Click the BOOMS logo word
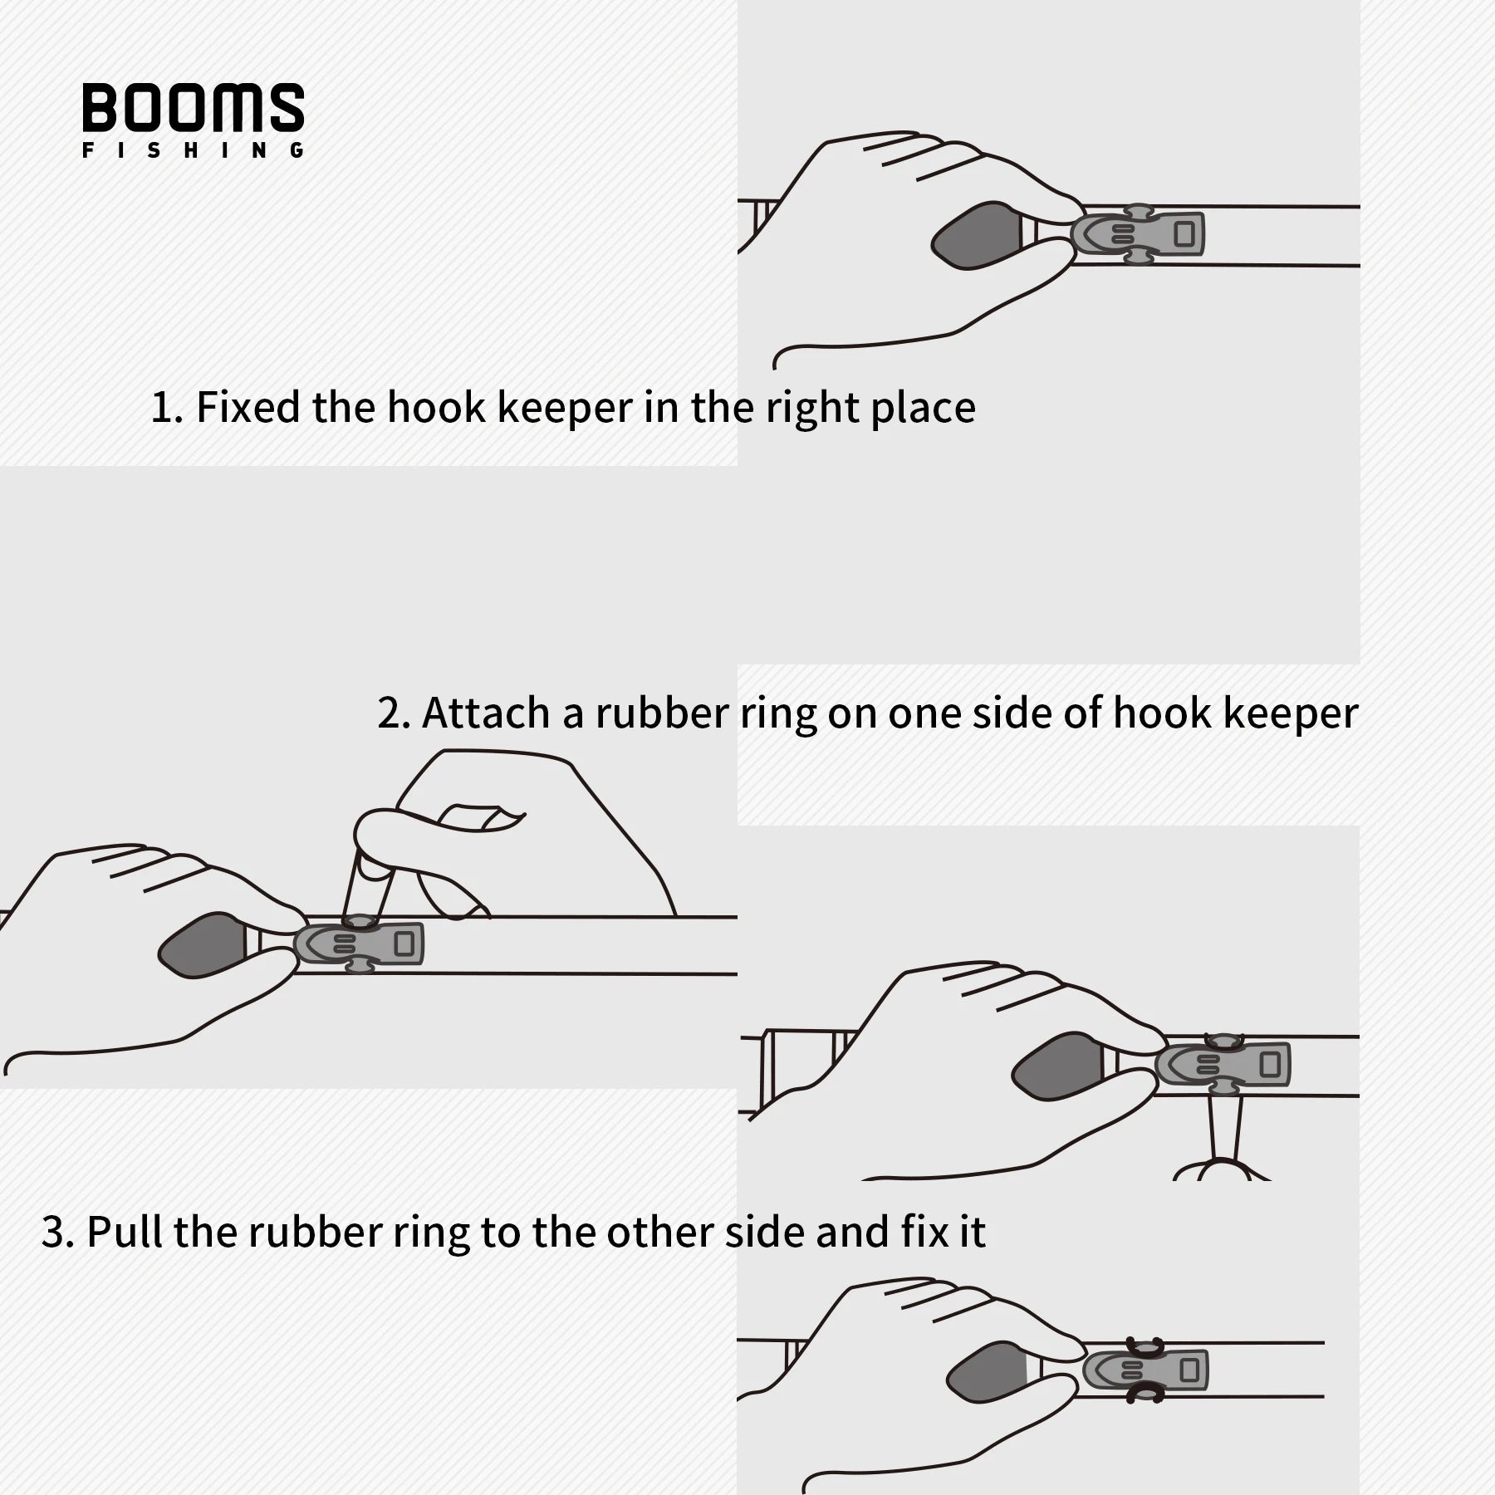click(193, 107)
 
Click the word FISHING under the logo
click(193, 151)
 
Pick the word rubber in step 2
click(661, 713)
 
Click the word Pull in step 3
click(125, 1231)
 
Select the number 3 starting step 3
click(53, 1232)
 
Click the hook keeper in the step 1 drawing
click(1139, 235)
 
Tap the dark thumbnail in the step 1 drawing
click(975, 235)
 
